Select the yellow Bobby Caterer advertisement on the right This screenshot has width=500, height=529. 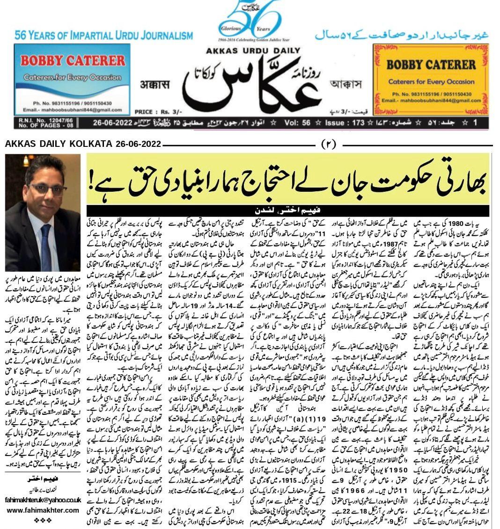pyautogui.click(x=431, y=80)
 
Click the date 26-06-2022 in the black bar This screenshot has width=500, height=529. pyautogui.click(x=112, y=123)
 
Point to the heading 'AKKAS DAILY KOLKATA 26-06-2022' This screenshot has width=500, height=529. pyautogui.click(x=83, y=144)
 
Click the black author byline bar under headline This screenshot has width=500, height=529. pyautogui.click(x=287, y=210)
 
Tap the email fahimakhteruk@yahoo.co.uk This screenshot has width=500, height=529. pyautogui.click(x=43, y=500)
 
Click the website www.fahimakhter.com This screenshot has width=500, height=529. pyautogui.click(x=43, y=510)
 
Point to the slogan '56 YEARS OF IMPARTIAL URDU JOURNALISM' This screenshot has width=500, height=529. pyautogui.click(x=103, y=36)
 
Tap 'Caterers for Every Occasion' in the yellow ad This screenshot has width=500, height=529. pyautogui.click(x=431, y=82)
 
